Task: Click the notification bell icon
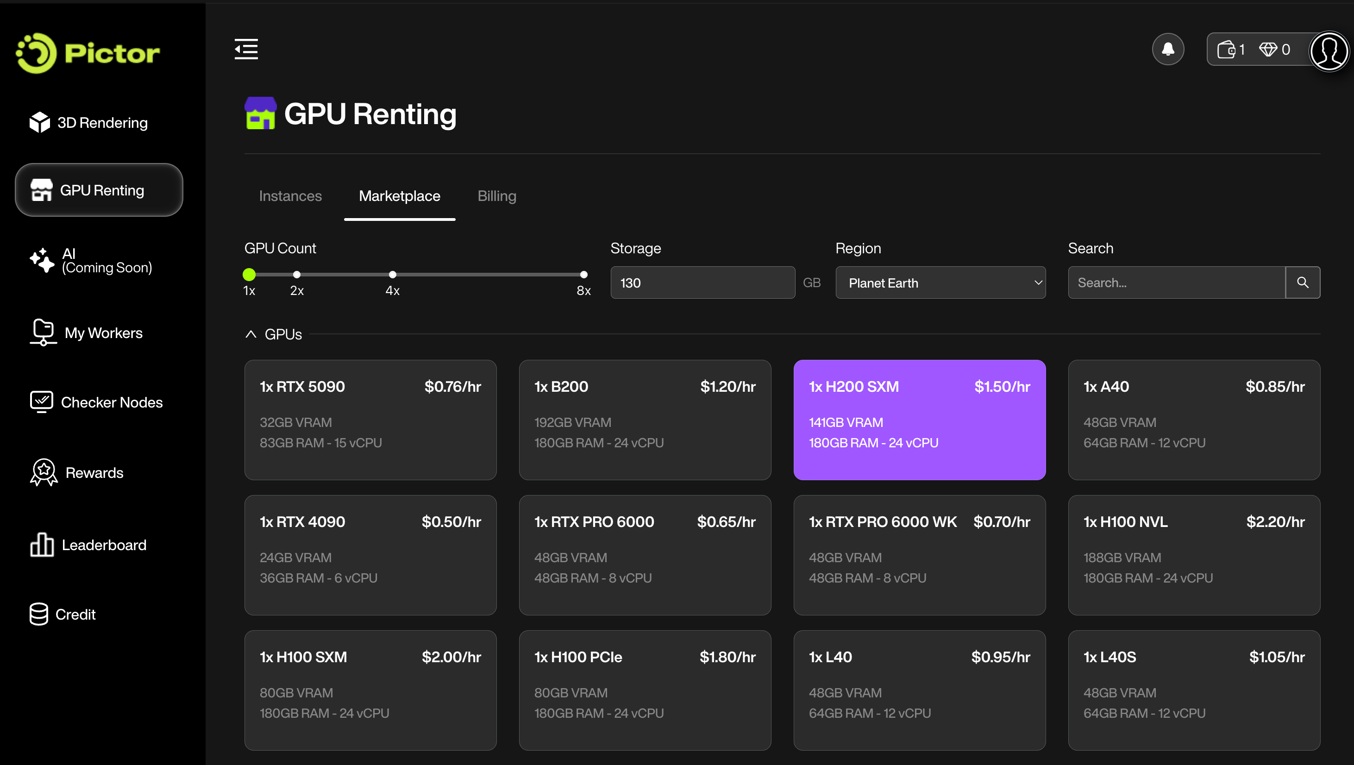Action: pyautogui.click(x=1167, y=50)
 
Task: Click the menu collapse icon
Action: pyautogui.click(x=246, y=50)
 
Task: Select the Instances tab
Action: pyautogui.click(x=290, y=196)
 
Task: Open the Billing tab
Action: pyautogui.click(x=496, y=196)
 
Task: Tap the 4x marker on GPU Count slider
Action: pyautogui.click(x=392, y=275)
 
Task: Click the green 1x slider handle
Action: pyautogui.click(x=249, y=275)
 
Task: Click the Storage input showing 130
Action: pyautogui.click(x=702, y=283)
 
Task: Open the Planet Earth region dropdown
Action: pyautogui.click(x=940, y=283)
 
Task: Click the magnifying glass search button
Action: pyautogui.click(x=1303, y=283)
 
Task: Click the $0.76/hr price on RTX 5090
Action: pyautogui.click(x=452, y=387)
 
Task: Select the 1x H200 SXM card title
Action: pyautogui.click(x=853, y=387)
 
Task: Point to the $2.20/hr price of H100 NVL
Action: pyautogui.click(x=1275, y=522)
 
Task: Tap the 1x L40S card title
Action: pyautogui.click(x=1110, y=657)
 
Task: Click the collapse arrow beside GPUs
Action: pyautogui.click(x=251, y=334)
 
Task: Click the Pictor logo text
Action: pyautogui.click(x=112, y=53)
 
